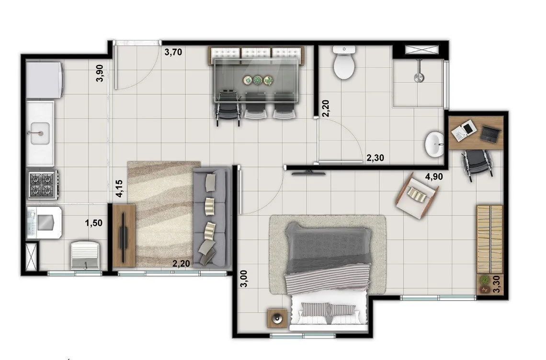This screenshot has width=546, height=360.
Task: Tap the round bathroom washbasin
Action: pyautogui.click(x=434, y=144)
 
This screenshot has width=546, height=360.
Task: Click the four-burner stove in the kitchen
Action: pyautogui.click(x=43, y=184)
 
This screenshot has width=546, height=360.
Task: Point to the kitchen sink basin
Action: pyautogui.click(x=40, y=133)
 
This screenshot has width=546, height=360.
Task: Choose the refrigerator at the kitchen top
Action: pyautogui.click(x=45, y=80)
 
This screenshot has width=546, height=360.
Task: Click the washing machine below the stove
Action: pyautogui.click(x=45, y=223)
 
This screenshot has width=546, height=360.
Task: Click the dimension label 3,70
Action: pyautogui.click(x=173, y=53)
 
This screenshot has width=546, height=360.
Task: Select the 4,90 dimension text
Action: pyautogui.click(x=434, y=177)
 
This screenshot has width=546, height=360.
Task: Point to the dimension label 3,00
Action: pyautogui.click(x=245, y=279)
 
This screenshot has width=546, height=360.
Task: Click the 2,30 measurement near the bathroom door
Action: pyautogui.click(x=375, y=158)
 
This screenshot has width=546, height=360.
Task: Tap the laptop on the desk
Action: pyautogui.click(x=490, y=134)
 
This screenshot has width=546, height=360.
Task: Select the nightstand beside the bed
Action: pyautogui.click(x=277, y=318)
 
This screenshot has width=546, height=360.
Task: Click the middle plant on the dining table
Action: pyautogui.click(x=258, y=80)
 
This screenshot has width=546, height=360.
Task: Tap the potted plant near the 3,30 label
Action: pyautogui.click(x=484, y=280)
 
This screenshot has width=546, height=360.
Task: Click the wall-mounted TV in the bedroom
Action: pyautogui.click(x=308, y=173)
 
